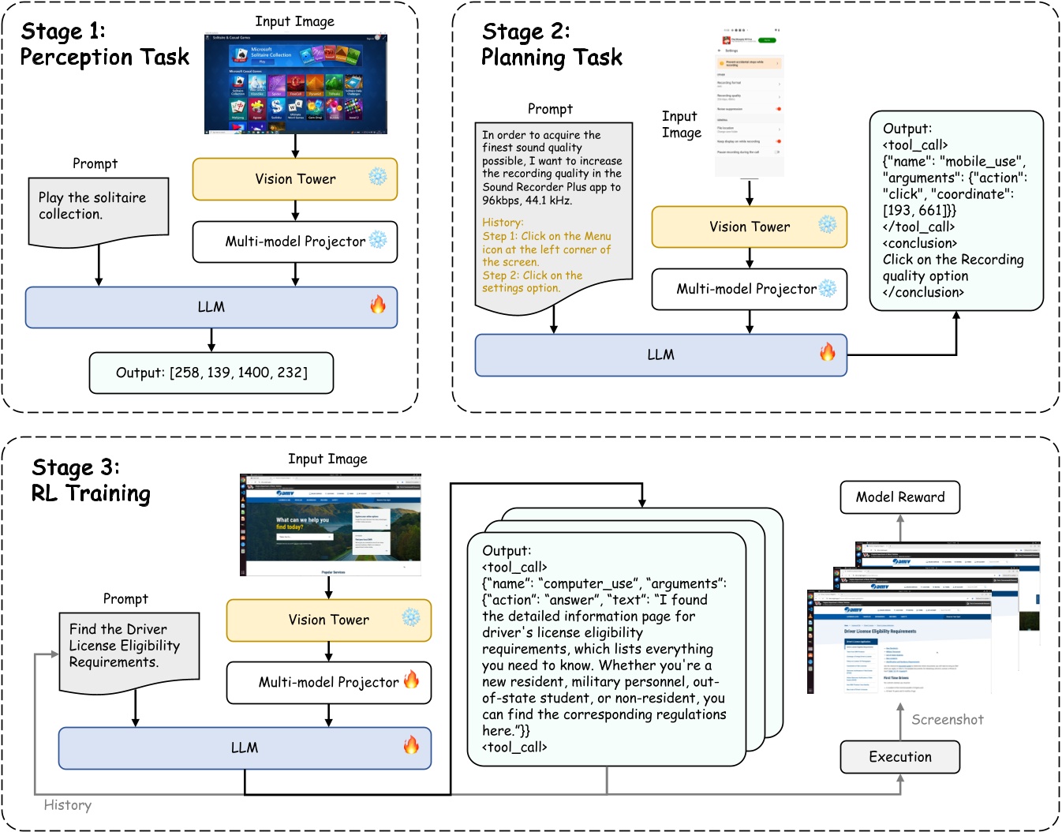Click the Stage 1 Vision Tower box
pos(294,179)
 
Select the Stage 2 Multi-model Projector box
pos(749,289)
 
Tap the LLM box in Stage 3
pos(245,748)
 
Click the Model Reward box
pos(899,497)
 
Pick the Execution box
pos(899,756)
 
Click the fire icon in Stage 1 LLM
pos(378,305)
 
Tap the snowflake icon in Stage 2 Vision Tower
pos(827,224)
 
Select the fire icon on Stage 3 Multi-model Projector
pos(412,680)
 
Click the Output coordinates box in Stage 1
pos(211,373)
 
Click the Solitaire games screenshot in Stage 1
pos(295,83)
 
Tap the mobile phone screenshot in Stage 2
pos(749,103)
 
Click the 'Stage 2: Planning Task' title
pos(552,44)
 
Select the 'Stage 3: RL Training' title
pos(91,480)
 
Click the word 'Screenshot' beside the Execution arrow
pos(947,719)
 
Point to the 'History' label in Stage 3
pos(67,804)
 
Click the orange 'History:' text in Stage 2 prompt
pos(503,223)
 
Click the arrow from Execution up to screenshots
pos(899,719)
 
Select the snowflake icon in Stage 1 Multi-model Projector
pos(378,240)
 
